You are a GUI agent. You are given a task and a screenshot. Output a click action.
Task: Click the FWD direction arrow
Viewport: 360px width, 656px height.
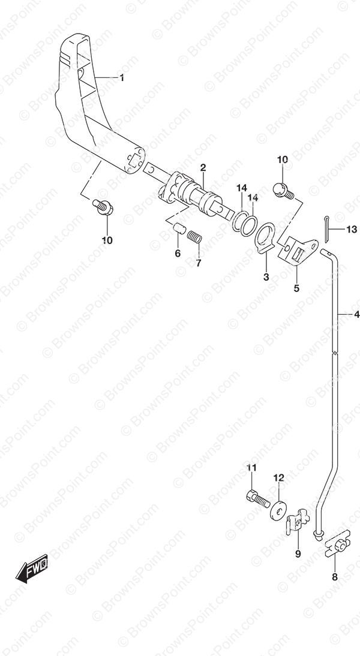click(32, 568)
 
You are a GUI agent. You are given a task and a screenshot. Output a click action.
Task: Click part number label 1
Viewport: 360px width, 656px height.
click(122, 78)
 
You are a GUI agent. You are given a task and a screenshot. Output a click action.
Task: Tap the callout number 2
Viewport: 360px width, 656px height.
click(203, 168)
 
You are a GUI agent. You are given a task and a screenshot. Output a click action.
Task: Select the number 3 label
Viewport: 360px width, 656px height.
click(266, 277)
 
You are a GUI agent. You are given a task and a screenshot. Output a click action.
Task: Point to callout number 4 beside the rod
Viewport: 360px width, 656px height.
click(356, 314)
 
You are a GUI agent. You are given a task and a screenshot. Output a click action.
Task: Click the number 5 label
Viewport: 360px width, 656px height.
click(296, 288)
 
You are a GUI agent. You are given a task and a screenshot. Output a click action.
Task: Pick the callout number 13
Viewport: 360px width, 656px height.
click(352, 229)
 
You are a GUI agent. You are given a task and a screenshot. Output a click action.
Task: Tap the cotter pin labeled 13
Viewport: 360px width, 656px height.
click(327, 228)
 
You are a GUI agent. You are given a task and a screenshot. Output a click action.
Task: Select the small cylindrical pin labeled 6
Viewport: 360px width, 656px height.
click(179, 228)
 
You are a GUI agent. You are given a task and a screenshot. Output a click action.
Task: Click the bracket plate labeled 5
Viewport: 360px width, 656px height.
click(298, 252)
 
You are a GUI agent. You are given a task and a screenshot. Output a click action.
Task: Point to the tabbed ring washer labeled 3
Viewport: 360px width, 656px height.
click(265, 239)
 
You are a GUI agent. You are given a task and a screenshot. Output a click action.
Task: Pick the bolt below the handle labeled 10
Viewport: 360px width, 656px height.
click(103, 207)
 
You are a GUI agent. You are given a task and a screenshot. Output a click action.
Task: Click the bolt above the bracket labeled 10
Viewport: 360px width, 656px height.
click(284, 191)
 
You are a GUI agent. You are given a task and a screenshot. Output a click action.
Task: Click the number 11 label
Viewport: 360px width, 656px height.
click(251, 468)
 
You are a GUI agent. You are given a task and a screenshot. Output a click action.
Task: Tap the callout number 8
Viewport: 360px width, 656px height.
click(334, 577)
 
